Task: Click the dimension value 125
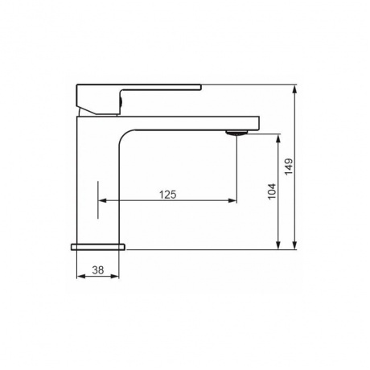[168, 195]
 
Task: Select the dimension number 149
[289, 167]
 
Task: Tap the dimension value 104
[272, 191]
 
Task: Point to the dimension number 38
[98, 270]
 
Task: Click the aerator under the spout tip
[237, 133]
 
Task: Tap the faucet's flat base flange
[98, 247]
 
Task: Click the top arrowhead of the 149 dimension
[295, 89]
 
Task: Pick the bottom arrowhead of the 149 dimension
[295, 245]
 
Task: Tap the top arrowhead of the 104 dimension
[278, 138]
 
